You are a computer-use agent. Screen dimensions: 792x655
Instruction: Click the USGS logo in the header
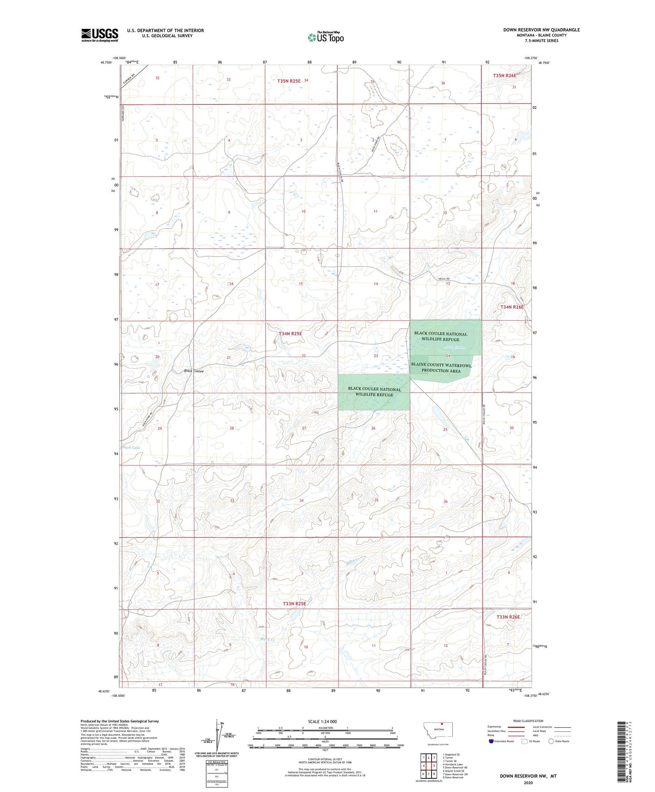click(99, 35)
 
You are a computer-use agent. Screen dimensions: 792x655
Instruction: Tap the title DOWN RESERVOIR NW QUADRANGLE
click(541, 30)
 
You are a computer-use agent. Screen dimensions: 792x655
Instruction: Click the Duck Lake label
click(131, 447)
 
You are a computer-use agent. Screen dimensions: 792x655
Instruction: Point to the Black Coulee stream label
click(194, 371)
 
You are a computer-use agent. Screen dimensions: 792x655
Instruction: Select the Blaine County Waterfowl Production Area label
click(441, 368)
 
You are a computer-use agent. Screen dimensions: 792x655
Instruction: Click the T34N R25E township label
click(290, 333)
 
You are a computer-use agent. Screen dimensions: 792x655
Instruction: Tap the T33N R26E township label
click(508, 617)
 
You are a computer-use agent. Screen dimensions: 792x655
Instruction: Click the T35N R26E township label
click(505, 76)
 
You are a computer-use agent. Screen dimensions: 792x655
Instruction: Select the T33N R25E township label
click(294, 604)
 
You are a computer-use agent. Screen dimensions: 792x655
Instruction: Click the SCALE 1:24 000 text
click(322, 721)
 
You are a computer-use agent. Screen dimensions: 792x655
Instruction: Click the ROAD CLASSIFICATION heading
click(528, 721)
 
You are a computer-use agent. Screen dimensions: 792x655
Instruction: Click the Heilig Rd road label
click(444, 279)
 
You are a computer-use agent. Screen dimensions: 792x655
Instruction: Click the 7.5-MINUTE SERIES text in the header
click(541, 41)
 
